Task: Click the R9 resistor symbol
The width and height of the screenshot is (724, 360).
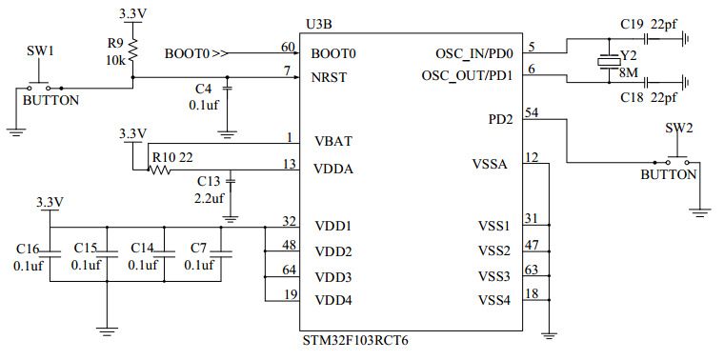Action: (133, 50)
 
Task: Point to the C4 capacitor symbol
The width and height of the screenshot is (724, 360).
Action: (228, 90)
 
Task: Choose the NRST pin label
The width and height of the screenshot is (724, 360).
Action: (330, 77)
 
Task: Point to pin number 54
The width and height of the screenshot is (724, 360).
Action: (533, 112)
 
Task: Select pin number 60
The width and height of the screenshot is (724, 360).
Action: (288, 47)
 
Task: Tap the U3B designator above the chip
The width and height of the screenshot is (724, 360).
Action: (318, 23)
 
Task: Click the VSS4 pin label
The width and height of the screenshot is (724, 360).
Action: (493, 301)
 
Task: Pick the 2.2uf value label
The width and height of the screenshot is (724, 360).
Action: (209, 198)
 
